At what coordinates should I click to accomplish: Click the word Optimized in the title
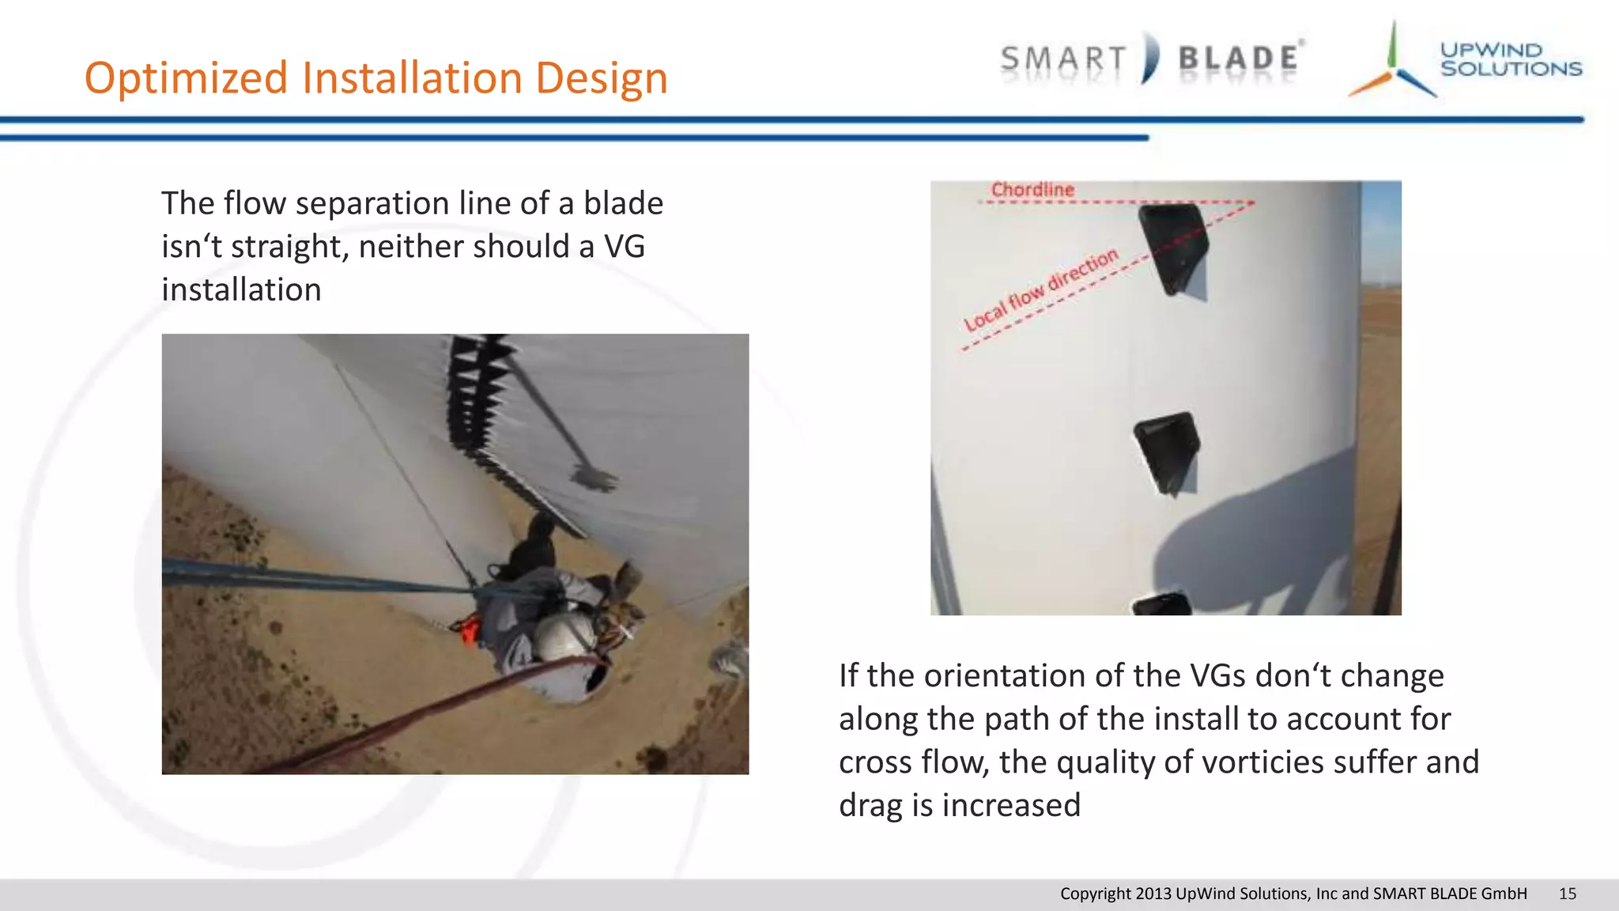click(187, 79)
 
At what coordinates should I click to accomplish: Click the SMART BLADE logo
click(1151, 59)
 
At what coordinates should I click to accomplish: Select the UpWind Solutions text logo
click(1510, 60)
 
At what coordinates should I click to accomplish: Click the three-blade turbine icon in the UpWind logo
click(1394, 67)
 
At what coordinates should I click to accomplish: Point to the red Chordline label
click(1032, 190)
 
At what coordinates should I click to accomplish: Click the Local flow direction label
click(1041, 289)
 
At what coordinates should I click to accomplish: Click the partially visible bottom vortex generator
click(1163, 605)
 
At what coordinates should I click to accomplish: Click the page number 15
click(1567, 894)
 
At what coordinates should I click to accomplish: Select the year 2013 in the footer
click(1153, 894)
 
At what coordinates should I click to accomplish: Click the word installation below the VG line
click(241, 290)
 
